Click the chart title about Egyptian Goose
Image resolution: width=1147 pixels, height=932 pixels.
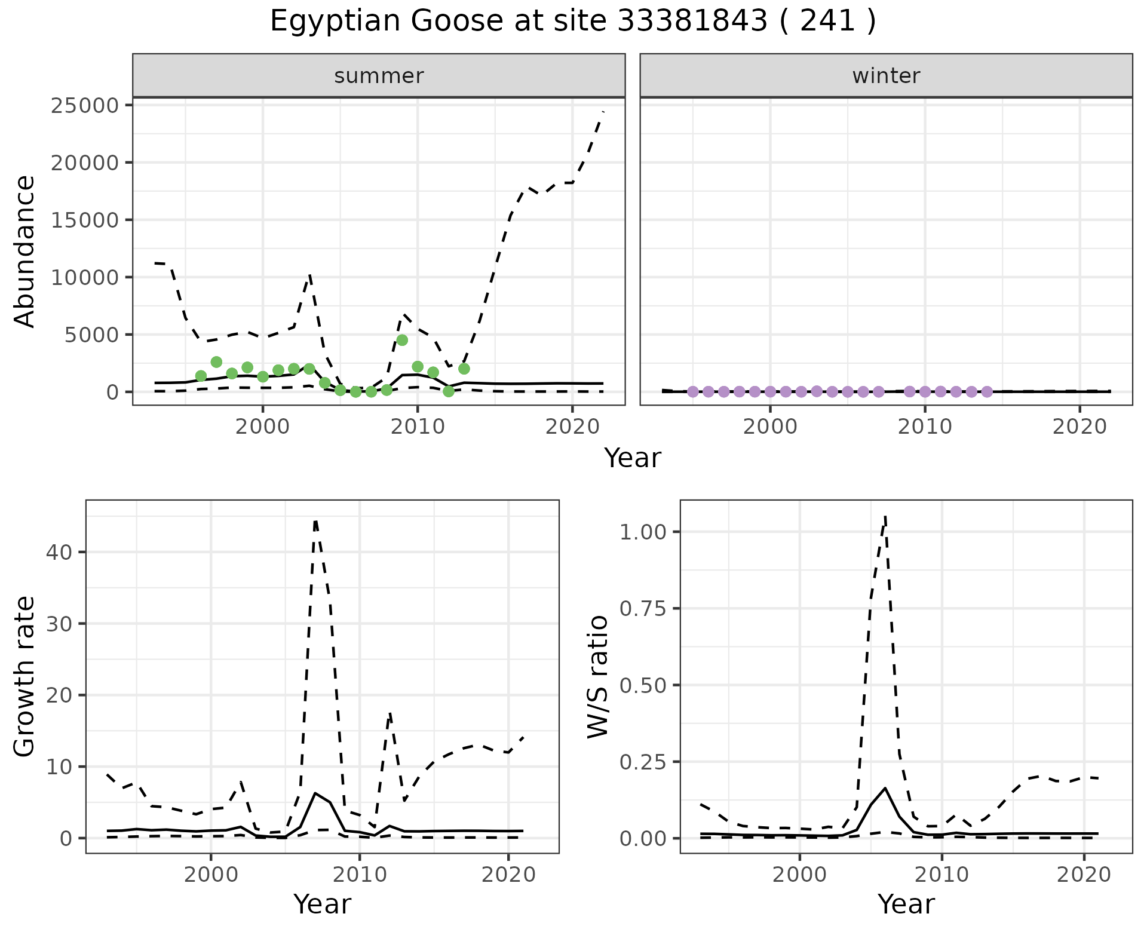tap(573, 22)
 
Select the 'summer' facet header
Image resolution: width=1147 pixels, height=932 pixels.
tap(379, 76)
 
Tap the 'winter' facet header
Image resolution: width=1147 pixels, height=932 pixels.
tap(886, 76)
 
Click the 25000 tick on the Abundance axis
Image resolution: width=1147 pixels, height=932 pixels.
tap(86, 106)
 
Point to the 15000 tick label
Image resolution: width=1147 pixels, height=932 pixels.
tap(86, 220)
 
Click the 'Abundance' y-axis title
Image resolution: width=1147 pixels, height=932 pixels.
tap(25, 251)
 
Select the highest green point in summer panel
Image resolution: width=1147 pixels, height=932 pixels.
tap(402, 340)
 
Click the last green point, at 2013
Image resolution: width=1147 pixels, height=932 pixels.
tap(464, 369)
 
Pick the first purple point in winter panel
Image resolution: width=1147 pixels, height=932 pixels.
tap(693, 392)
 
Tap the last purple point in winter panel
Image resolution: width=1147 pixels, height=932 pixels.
tap(987, 392)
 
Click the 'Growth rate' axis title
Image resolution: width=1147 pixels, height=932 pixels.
tap(25, 676)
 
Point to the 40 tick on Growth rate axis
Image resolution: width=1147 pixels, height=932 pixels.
tap(58, 552)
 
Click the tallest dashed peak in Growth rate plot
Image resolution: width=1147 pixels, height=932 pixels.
tap(315, 521)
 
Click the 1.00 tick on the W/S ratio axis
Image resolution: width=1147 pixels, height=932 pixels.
tap(643, 532)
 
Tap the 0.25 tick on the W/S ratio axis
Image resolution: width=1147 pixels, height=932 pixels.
tap(643, 762)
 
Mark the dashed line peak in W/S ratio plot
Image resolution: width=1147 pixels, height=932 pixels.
tap(885, 516)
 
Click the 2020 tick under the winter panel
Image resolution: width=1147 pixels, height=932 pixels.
tap(1079, 427)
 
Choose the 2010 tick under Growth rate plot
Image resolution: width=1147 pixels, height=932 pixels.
tap(359, 875)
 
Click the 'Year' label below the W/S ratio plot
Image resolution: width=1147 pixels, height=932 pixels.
tap(906, 905)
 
